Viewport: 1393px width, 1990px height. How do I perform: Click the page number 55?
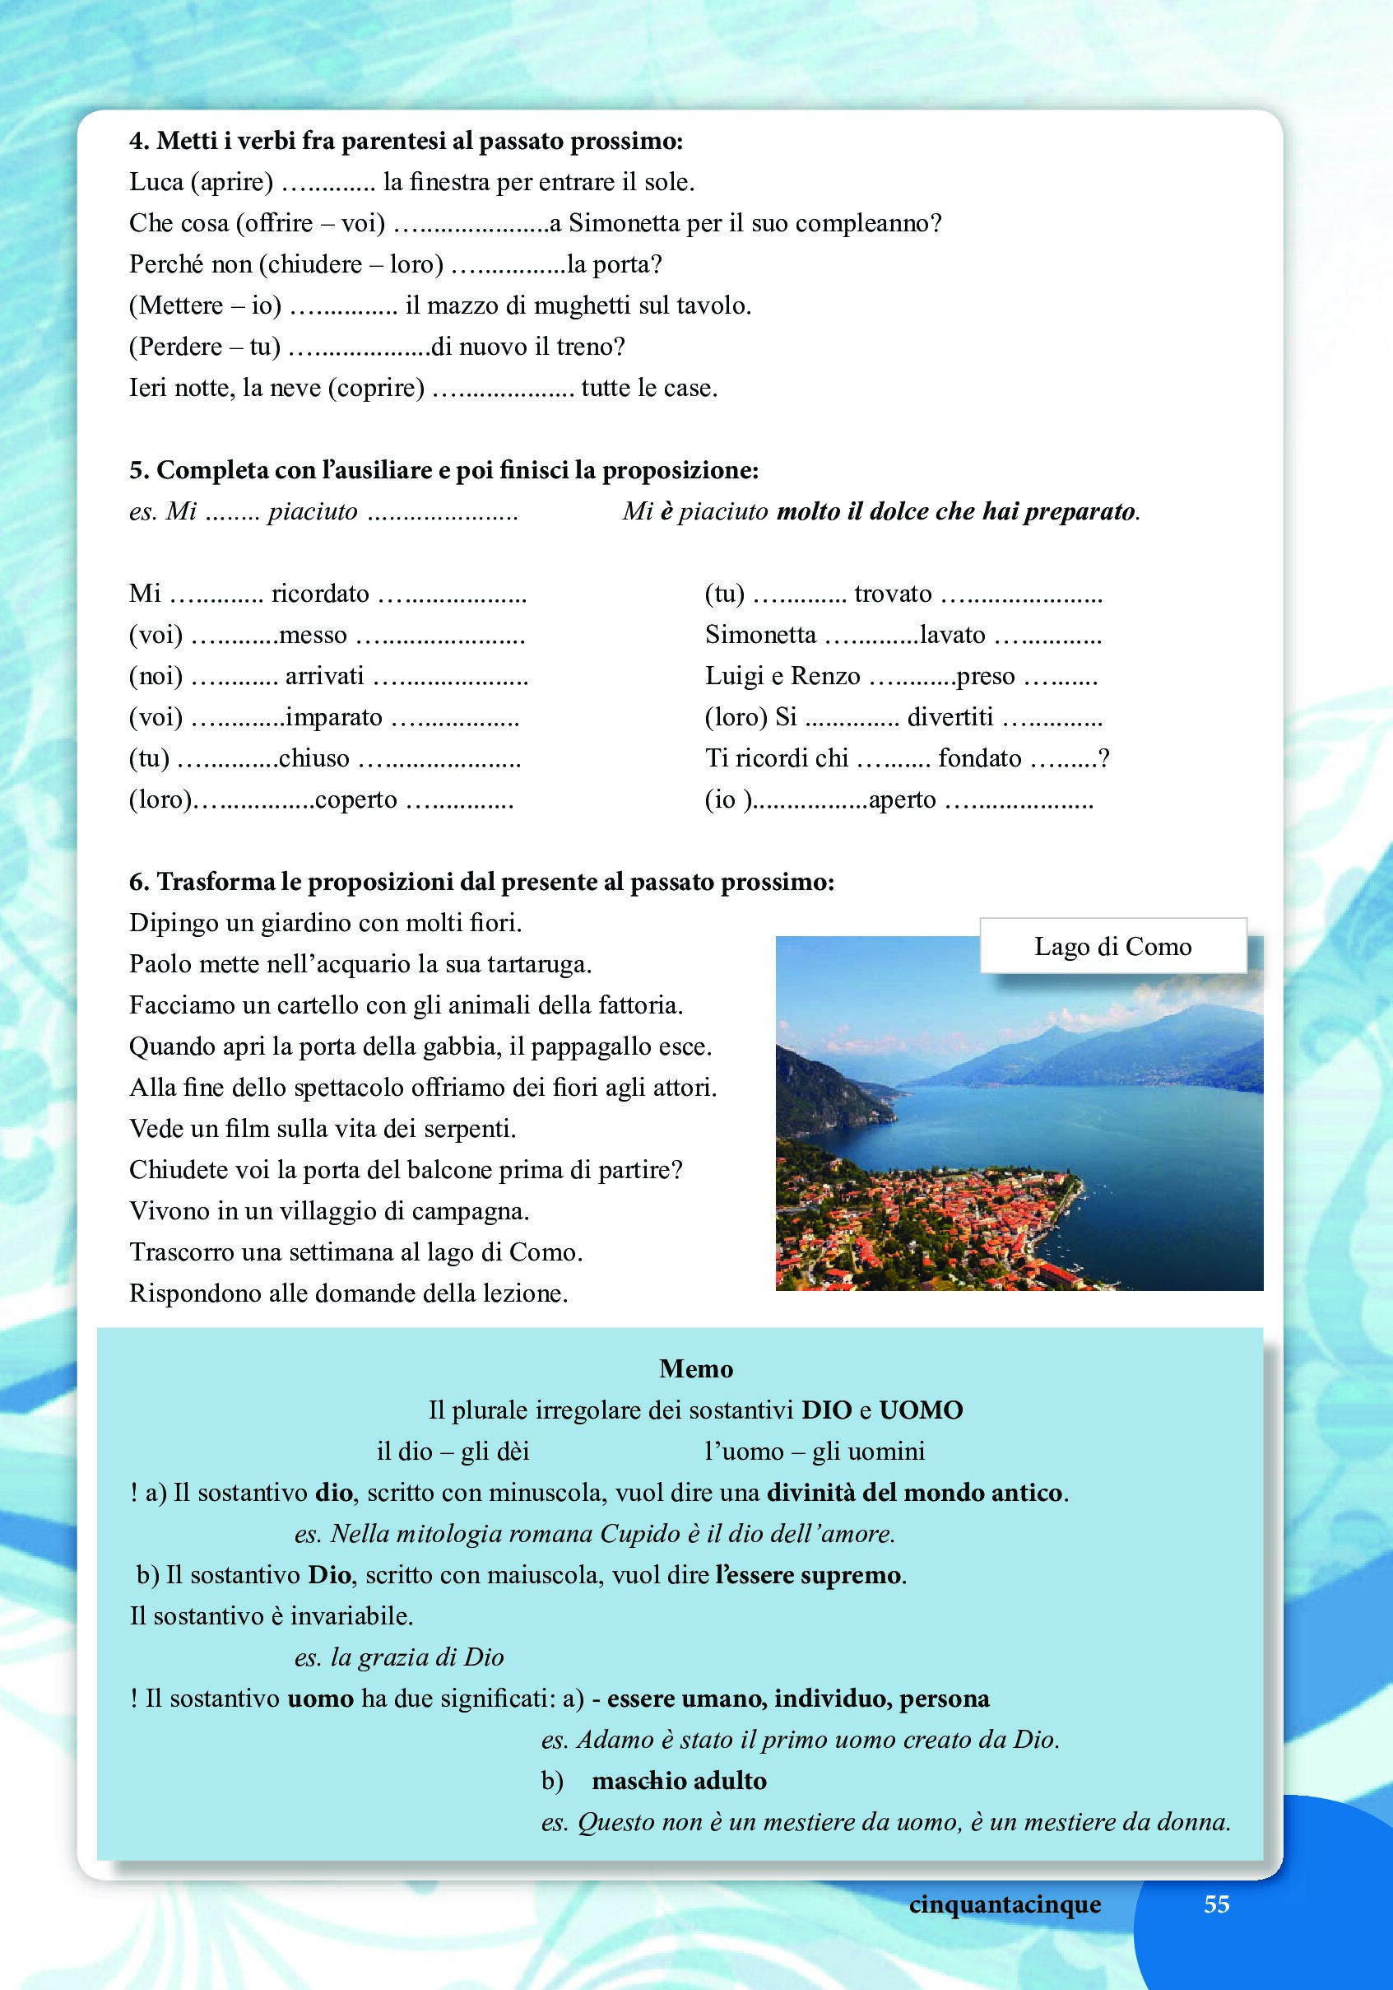pyautogui.click(x=1216, y=1904)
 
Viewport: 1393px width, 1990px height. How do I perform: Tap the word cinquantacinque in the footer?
pyautogui.click(x=1005, y=1904)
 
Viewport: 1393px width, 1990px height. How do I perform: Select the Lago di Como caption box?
pyautogui.click(x=1112, y=945)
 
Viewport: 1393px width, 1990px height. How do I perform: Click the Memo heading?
pyautogui.click(x=695, y=1368)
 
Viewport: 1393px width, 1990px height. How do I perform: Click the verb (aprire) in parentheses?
pyautogui.click(x=231, y=182)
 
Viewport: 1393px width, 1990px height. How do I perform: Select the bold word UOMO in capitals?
pyautogui.click(x=920, y=1410)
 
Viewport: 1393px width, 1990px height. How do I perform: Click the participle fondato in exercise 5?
pyautogui.click(x=980, y=758)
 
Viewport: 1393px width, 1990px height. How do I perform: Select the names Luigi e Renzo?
pyautogui.click(x=782, y=676)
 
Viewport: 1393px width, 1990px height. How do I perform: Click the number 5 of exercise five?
pyautogui.click(x=137, y=471)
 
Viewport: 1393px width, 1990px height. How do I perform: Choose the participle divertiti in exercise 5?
pyautogui.click(x=950, y=718)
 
